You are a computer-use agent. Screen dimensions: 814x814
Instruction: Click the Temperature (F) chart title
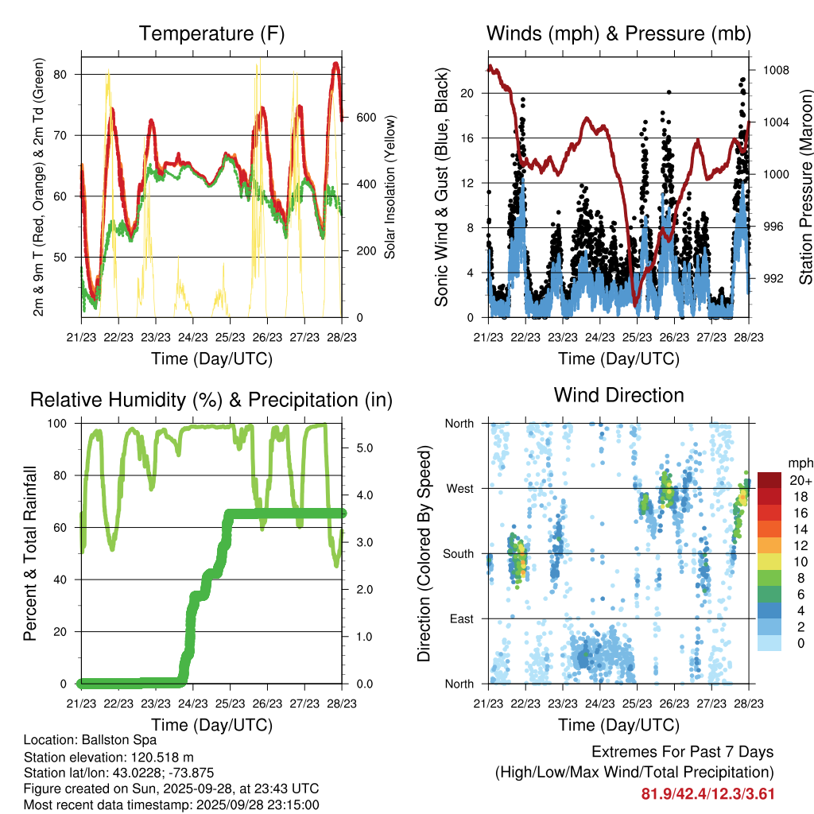coord(211,34)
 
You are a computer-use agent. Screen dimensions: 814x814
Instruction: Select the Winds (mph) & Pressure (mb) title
coord(618,34)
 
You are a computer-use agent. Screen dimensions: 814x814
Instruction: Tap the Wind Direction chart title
coord(618,395)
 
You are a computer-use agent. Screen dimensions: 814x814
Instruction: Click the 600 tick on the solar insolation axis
coord(365,118)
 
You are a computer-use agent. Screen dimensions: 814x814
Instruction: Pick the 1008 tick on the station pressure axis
coord(775,70)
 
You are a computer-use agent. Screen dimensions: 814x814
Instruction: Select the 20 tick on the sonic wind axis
coord(467,93)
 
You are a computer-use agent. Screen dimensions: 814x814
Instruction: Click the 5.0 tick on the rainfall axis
coord(365,448)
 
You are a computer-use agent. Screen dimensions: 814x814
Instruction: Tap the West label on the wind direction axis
coord(459,488)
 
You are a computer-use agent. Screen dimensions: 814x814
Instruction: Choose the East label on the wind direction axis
coord(461,618)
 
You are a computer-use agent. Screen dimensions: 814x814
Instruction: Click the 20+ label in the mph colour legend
coord(799,480)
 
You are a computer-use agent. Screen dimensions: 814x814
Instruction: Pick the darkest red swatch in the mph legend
coord(769,480)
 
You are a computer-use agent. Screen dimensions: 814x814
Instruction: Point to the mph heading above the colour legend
coord(799,463)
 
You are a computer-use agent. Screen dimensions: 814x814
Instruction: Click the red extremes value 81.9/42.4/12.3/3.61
coord(707,793)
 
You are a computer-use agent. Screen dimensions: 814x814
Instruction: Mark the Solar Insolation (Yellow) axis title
coord(390,187)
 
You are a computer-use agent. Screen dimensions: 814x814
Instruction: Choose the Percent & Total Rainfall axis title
coord(30,553)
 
